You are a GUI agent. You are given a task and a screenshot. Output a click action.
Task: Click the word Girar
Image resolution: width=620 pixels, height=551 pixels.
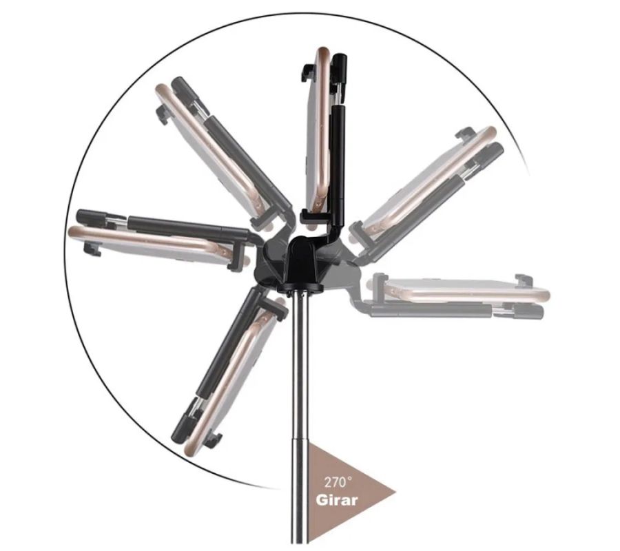(336, 501)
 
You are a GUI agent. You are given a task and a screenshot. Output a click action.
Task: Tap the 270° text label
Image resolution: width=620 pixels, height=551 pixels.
(338, 482)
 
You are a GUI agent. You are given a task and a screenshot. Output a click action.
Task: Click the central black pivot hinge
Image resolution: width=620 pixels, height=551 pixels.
(304, 261)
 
